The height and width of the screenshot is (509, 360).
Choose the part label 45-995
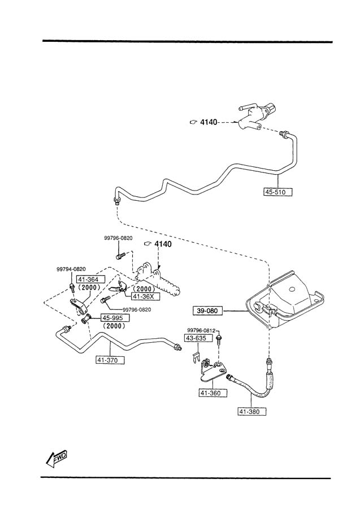click(115, 318)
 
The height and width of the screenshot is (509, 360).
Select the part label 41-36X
click(146, 296)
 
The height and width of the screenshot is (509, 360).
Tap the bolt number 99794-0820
click(71, 269)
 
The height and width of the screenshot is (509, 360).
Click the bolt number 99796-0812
click(202, 330)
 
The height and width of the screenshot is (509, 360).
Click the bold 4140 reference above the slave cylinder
click(162, 244)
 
